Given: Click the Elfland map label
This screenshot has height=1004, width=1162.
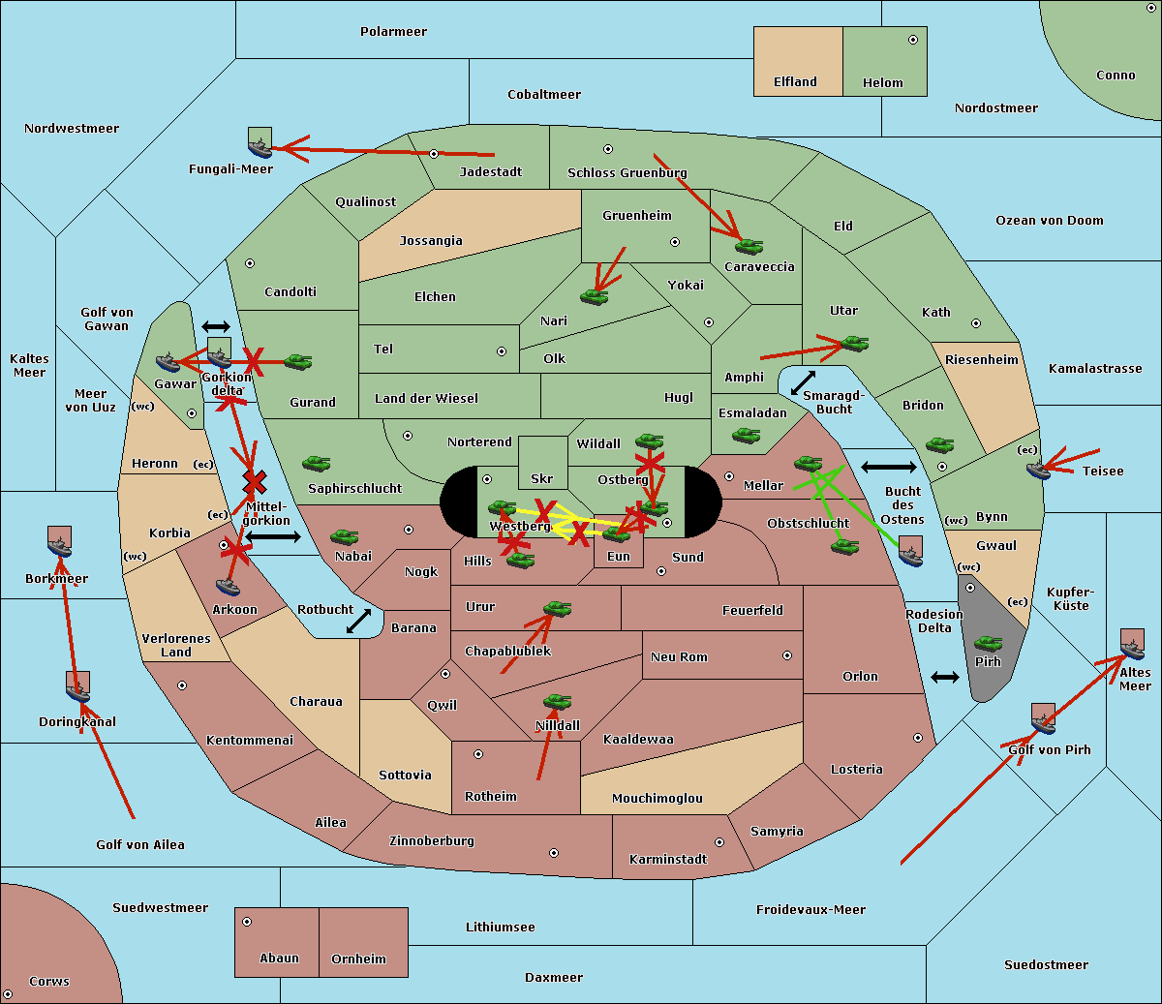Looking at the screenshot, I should [x=795, y=82].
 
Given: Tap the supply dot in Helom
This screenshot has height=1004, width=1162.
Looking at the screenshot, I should [x=912, y=40].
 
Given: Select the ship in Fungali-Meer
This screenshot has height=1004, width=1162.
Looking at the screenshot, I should [x=260, y=142].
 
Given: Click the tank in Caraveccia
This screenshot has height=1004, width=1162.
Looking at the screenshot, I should [x=749, y=247].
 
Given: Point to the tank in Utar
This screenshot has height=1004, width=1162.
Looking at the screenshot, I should [x=854, y=344].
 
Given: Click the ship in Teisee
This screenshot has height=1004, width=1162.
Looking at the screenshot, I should [x=1038, y=470].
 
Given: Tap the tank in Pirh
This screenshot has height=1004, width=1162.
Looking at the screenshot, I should [x=988, y=644].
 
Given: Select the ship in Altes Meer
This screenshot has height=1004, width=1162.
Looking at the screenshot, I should [x=1132, y=645].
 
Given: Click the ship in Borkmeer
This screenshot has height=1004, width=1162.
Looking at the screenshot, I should [x=60, y=543].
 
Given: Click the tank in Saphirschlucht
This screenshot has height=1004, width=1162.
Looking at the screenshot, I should [x=316, y=465].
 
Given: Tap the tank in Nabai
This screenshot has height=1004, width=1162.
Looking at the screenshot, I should [x=344, y=537].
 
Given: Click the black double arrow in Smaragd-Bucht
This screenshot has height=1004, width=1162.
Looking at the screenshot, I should [x=803, y=383].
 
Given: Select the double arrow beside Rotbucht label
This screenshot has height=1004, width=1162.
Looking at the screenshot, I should [x=358, y=621].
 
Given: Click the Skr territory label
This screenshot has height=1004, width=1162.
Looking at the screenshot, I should [x=541, y=478].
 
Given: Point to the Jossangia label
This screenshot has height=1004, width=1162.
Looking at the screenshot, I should [x=431, y=241].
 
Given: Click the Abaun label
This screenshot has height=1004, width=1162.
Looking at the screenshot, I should [x=279, y=958].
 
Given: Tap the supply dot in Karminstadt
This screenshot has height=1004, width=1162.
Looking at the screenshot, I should [x=719, y=842].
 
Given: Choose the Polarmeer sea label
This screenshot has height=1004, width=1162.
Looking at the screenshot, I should [x=393, y=32].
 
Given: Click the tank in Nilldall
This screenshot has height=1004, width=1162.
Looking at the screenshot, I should [x=557, y=702].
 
